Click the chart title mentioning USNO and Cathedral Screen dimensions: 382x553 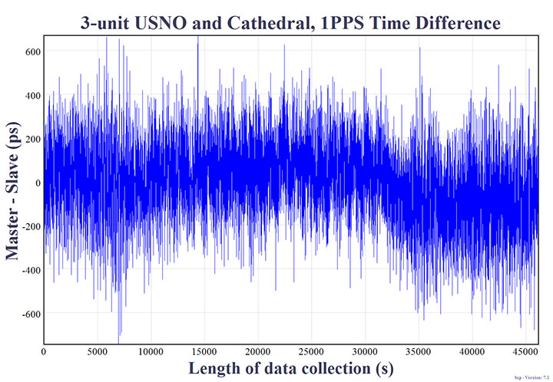point(290,22)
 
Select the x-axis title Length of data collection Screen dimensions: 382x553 point(290,368)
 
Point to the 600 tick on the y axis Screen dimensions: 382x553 point(32,51)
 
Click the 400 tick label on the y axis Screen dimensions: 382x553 point(32,95)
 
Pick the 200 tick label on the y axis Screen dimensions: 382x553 point(32,139)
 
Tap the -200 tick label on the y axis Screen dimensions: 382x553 point(30,226)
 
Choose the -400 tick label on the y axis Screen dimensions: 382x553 point(30,270)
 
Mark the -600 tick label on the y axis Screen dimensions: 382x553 point(30,314)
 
